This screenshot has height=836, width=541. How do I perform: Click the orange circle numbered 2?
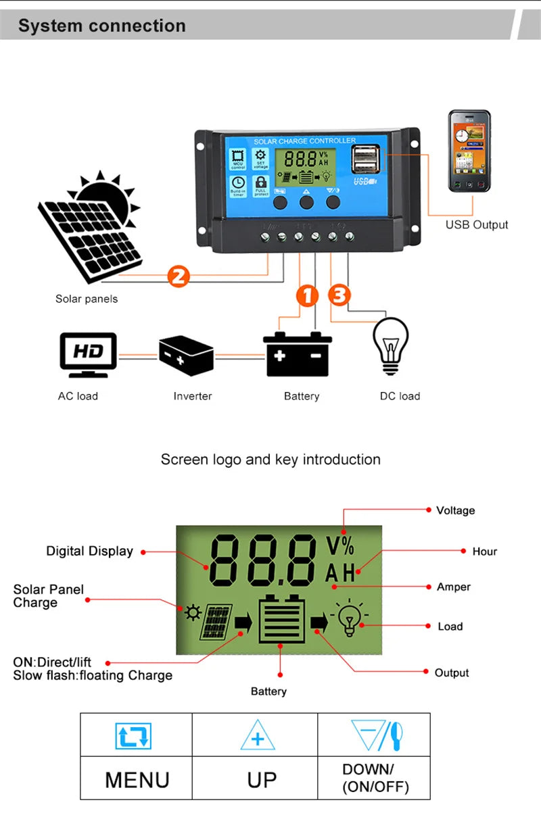coord(178,276)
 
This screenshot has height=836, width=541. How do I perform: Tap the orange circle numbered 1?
coord(307,295)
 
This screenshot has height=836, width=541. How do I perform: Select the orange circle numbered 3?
coord(339,295)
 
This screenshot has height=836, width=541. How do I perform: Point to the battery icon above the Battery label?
coord(298,354)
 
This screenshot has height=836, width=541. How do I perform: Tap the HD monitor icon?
coord(88,354)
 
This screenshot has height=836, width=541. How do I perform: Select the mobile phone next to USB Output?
coord(469,153)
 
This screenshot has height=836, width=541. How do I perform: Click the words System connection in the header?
coord(102,26)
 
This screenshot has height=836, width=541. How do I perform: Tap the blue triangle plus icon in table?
coord(258,736)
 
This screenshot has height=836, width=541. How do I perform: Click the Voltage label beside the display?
coord(455,510)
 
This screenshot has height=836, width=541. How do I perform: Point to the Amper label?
coord(453,587)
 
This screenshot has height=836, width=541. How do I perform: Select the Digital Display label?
coord(89,551)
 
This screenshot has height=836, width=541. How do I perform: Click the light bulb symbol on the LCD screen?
coord(350,618)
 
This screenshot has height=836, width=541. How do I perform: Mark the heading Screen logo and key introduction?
coord(270,460)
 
